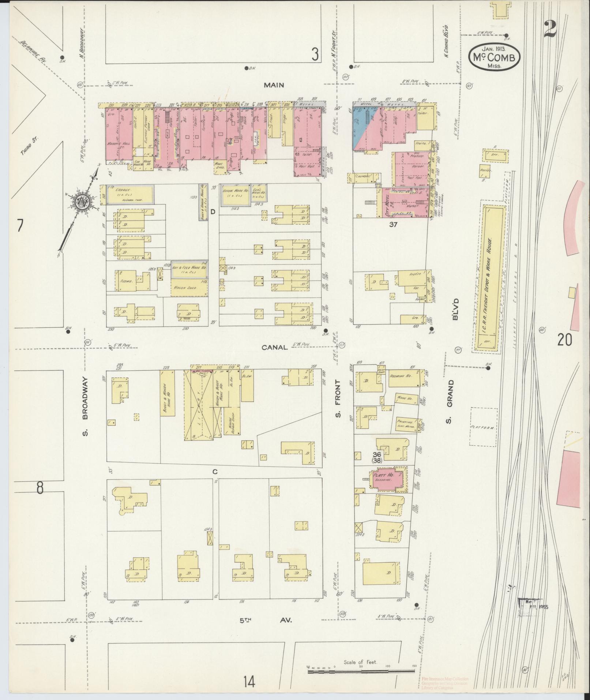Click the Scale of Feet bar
click(x=361, y=672)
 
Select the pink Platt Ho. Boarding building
click(x=388, y=478)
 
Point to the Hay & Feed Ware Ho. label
click(x=189, y=268)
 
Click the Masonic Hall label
click(x=116, y=143)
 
